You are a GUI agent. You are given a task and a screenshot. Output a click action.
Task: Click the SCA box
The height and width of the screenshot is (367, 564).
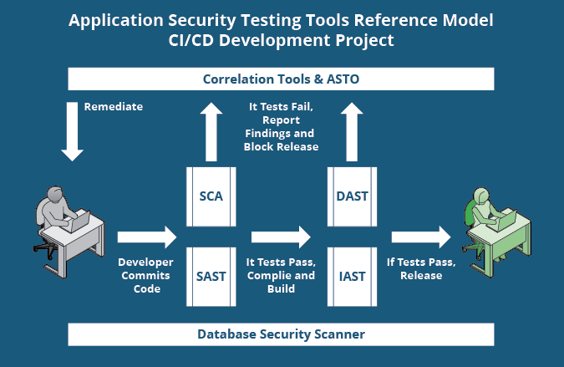point(211,196)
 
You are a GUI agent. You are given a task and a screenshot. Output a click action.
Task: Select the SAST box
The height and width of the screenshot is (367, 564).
point(211,276)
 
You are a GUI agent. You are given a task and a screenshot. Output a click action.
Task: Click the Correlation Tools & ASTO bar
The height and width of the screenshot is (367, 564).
point(281,79)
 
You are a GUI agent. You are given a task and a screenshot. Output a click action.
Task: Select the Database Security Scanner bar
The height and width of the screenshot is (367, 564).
point(281,334)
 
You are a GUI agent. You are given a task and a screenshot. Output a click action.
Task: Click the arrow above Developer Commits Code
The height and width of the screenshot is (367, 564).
point(147,237)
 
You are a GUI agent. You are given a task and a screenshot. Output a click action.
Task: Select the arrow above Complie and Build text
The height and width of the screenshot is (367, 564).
point(281,237)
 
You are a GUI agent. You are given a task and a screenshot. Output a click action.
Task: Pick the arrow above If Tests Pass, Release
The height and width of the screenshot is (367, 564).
point(421,237)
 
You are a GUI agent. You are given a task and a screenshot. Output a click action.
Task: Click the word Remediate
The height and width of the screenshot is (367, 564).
point(114,107)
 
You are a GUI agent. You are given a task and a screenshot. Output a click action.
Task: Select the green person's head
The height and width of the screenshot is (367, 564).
point(481,195)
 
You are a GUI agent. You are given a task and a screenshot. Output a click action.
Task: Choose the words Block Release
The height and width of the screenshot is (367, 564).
point(281,146)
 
